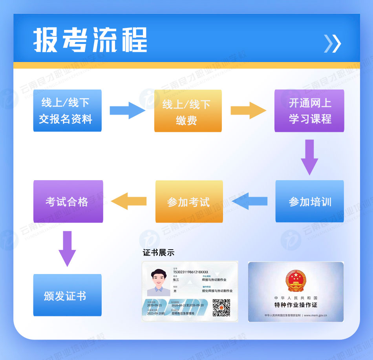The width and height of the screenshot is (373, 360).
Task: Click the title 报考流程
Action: [90, 40]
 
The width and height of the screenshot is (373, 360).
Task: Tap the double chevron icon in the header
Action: [332, 44]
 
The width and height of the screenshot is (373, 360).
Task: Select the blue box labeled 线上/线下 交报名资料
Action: [67, 110]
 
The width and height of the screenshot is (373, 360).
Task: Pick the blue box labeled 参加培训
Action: [309, 201]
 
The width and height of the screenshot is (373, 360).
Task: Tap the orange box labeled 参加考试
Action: [189, 201]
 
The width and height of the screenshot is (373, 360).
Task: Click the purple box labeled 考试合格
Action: [68, 201]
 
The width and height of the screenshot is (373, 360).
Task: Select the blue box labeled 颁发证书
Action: [67, 295]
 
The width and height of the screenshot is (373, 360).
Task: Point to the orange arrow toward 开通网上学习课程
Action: [248, 110]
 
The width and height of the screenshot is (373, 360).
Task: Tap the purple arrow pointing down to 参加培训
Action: [309, 157]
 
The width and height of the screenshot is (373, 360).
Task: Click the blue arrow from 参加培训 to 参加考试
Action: [250, 201]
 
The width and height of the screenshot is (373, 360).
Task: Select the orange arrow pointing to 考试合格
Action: [129, 201]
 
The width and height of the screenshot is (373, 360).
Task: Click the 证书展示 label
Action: [159, 253]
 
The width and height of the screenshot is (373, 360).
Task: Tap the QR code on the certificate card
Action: [221, 307]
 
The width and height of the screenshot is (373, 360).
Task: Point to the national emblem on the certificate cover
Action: [296, 281]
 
